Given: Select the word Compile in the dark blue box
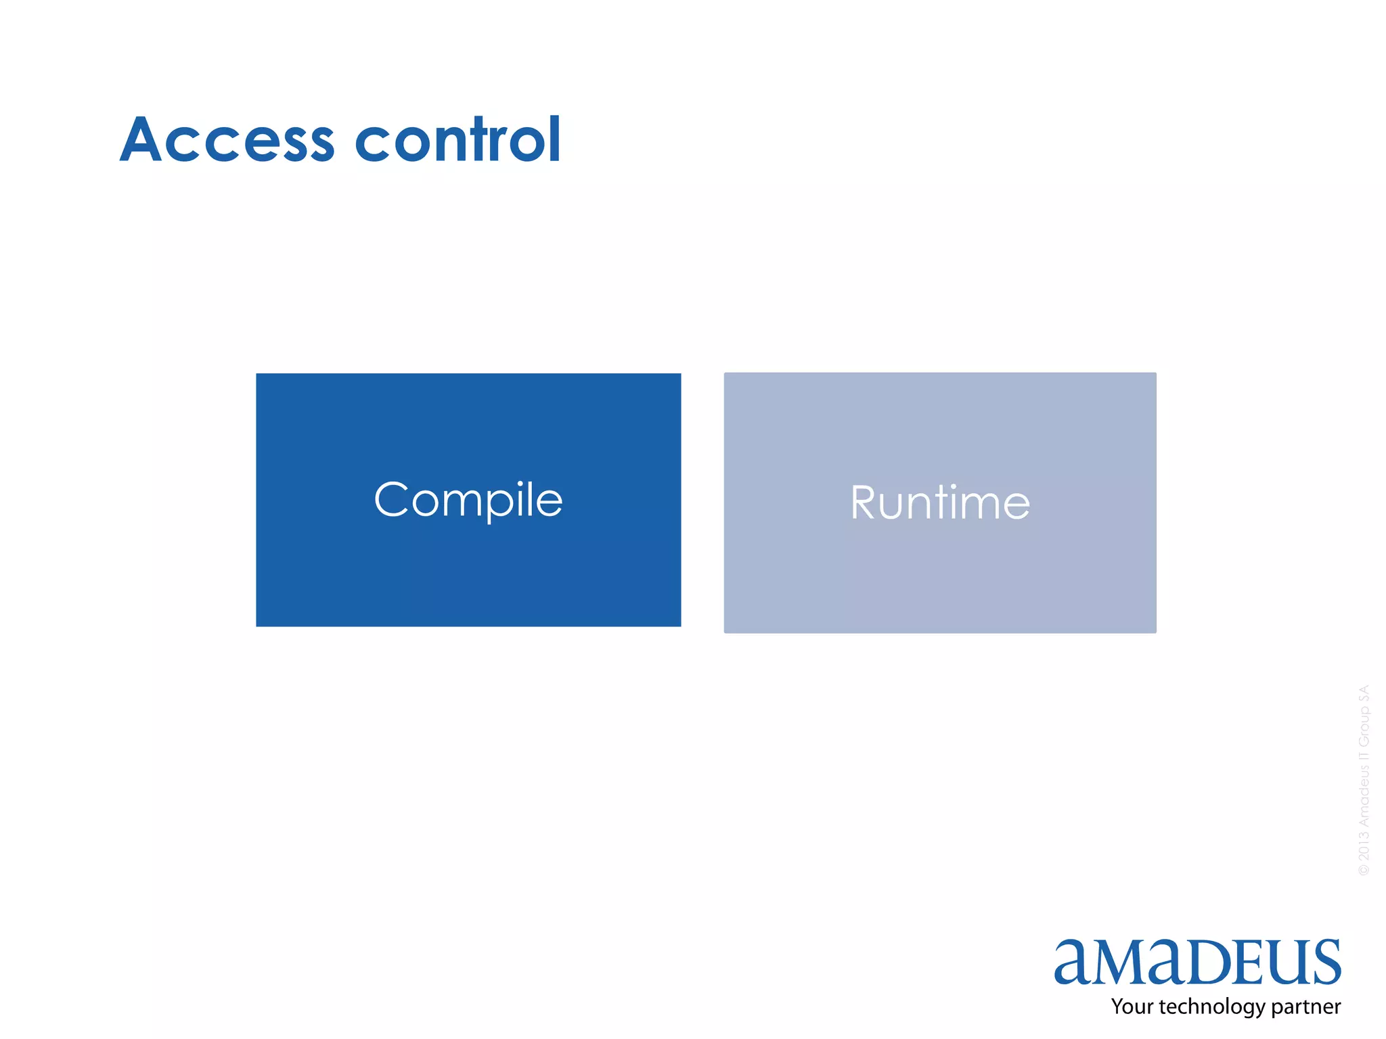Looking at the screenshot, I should pos(468,500).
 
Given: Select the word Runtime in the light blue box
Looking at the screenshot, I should pos(940,503).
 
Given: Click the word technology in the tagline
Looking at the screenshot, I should pos(1213,1007).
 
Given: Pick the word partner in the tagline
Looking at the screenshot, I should pos(1307,1007).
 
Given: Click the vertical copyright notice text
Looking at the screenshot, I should pos(1364,780).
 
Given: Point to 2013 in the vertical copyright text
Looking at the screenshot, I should pos(1364,846).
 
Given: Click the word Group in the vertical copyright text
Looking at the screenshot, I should pos(1364,726).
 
